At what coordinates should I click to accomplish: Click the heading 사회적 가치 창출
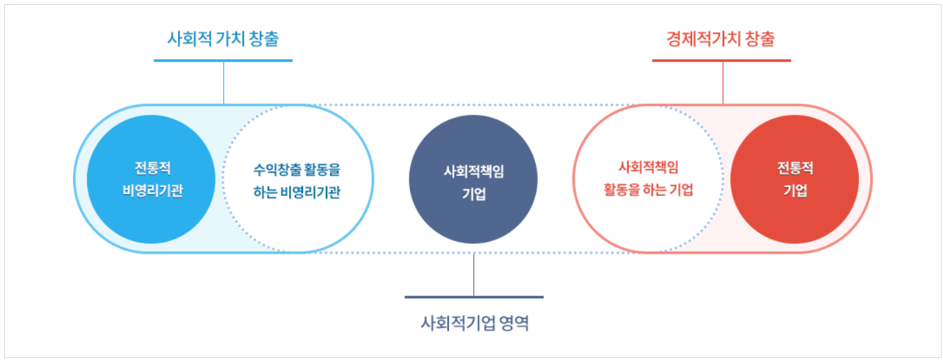[x=223, y=39]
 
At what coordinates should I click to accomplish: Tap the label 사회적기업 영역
[x=475, y=322]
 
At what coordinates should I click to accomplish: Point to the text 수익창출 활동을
[x=297, y=169]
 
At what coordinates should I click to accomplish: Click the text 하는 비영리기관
[x=297, y=193]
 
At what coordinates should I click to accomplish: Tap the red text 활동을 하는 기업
[x=648, y=190]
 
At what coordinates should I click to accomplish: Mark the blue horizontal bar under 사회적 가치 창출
[x=223, y=60]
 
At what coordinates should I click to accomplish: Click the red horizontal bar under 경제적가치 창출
[x=721, y=60]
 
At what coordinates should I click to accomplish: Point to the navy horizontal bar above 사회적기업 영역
[x=474, y=297]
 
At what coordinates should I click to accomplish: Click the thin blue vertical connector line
[x=224, y=83]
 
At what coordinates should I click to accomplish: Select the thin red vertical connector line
[x=723, y=83]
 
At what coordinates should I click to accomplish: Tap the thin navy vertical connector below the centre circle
[x=474, y=275]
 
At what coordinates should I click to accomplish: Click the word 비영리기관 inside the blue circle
[x=152, y=191]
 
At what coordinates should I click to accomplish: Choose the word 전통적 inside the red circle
[x=795, y=168]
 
